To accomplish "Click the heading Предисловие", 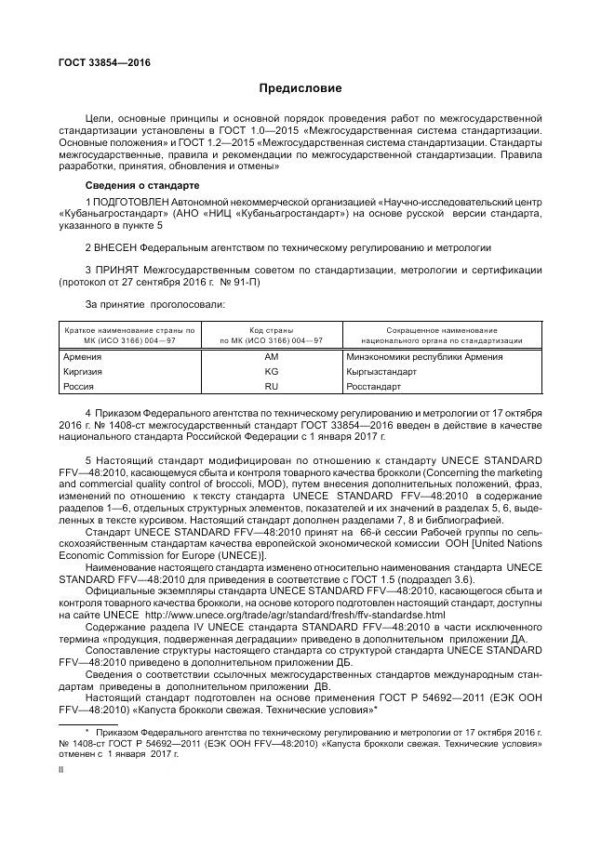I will pyautogui.click(x=300, y=89).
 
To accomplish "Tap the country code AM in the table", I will pyautogui.click(x=271, y=356).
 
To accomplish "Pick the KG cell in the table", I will pyautogui.click(x=271, y=370).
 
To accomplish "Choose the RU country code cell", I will pyautogui.click(x=271, y=385).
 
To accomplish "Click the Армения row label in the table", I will pyautogui.click(x=82, y=356).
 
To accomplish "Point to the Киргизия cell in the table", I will pyautogui.click(x=83, y=370).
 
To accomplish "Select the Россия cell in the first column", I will pyautogui.click(x=78, y=385).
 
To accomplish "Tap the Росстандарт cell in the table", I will pyautogui.click(x=374, y=385).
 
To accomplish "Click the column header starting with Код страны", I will pyautogui.click(x=271, y=336).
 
